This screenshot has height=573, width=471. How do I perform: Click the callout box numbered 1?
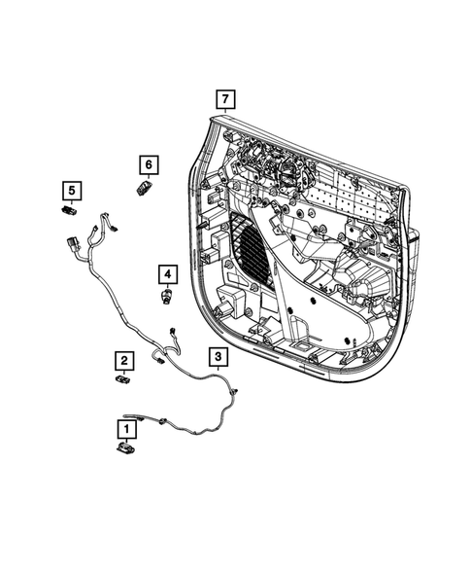pyautogui.click(x=125, y=426)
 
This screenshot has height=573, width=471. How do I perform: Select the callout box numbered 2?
pyautogui.click(x=124, y=360)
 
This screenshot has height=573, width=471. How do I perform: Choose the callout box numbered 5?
pyautogui.click(x=71, y=189)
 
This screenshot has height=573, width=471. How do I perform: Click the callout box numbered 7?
pyautogui.click(x=224, y=99)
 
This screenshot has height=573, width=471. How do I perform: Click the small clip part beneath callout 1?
pyautogui.click(x=125, y=448)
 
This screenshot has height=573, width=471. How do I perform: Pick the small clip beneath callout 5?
pyautogui.click(x=70, y=209)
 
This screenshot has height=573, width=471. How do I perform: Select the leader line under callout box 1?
pyautogui.click(x=125, y=438)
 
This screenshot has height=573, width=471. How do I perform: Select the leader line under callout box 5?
pyautogui.click(x=71, y=200)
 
